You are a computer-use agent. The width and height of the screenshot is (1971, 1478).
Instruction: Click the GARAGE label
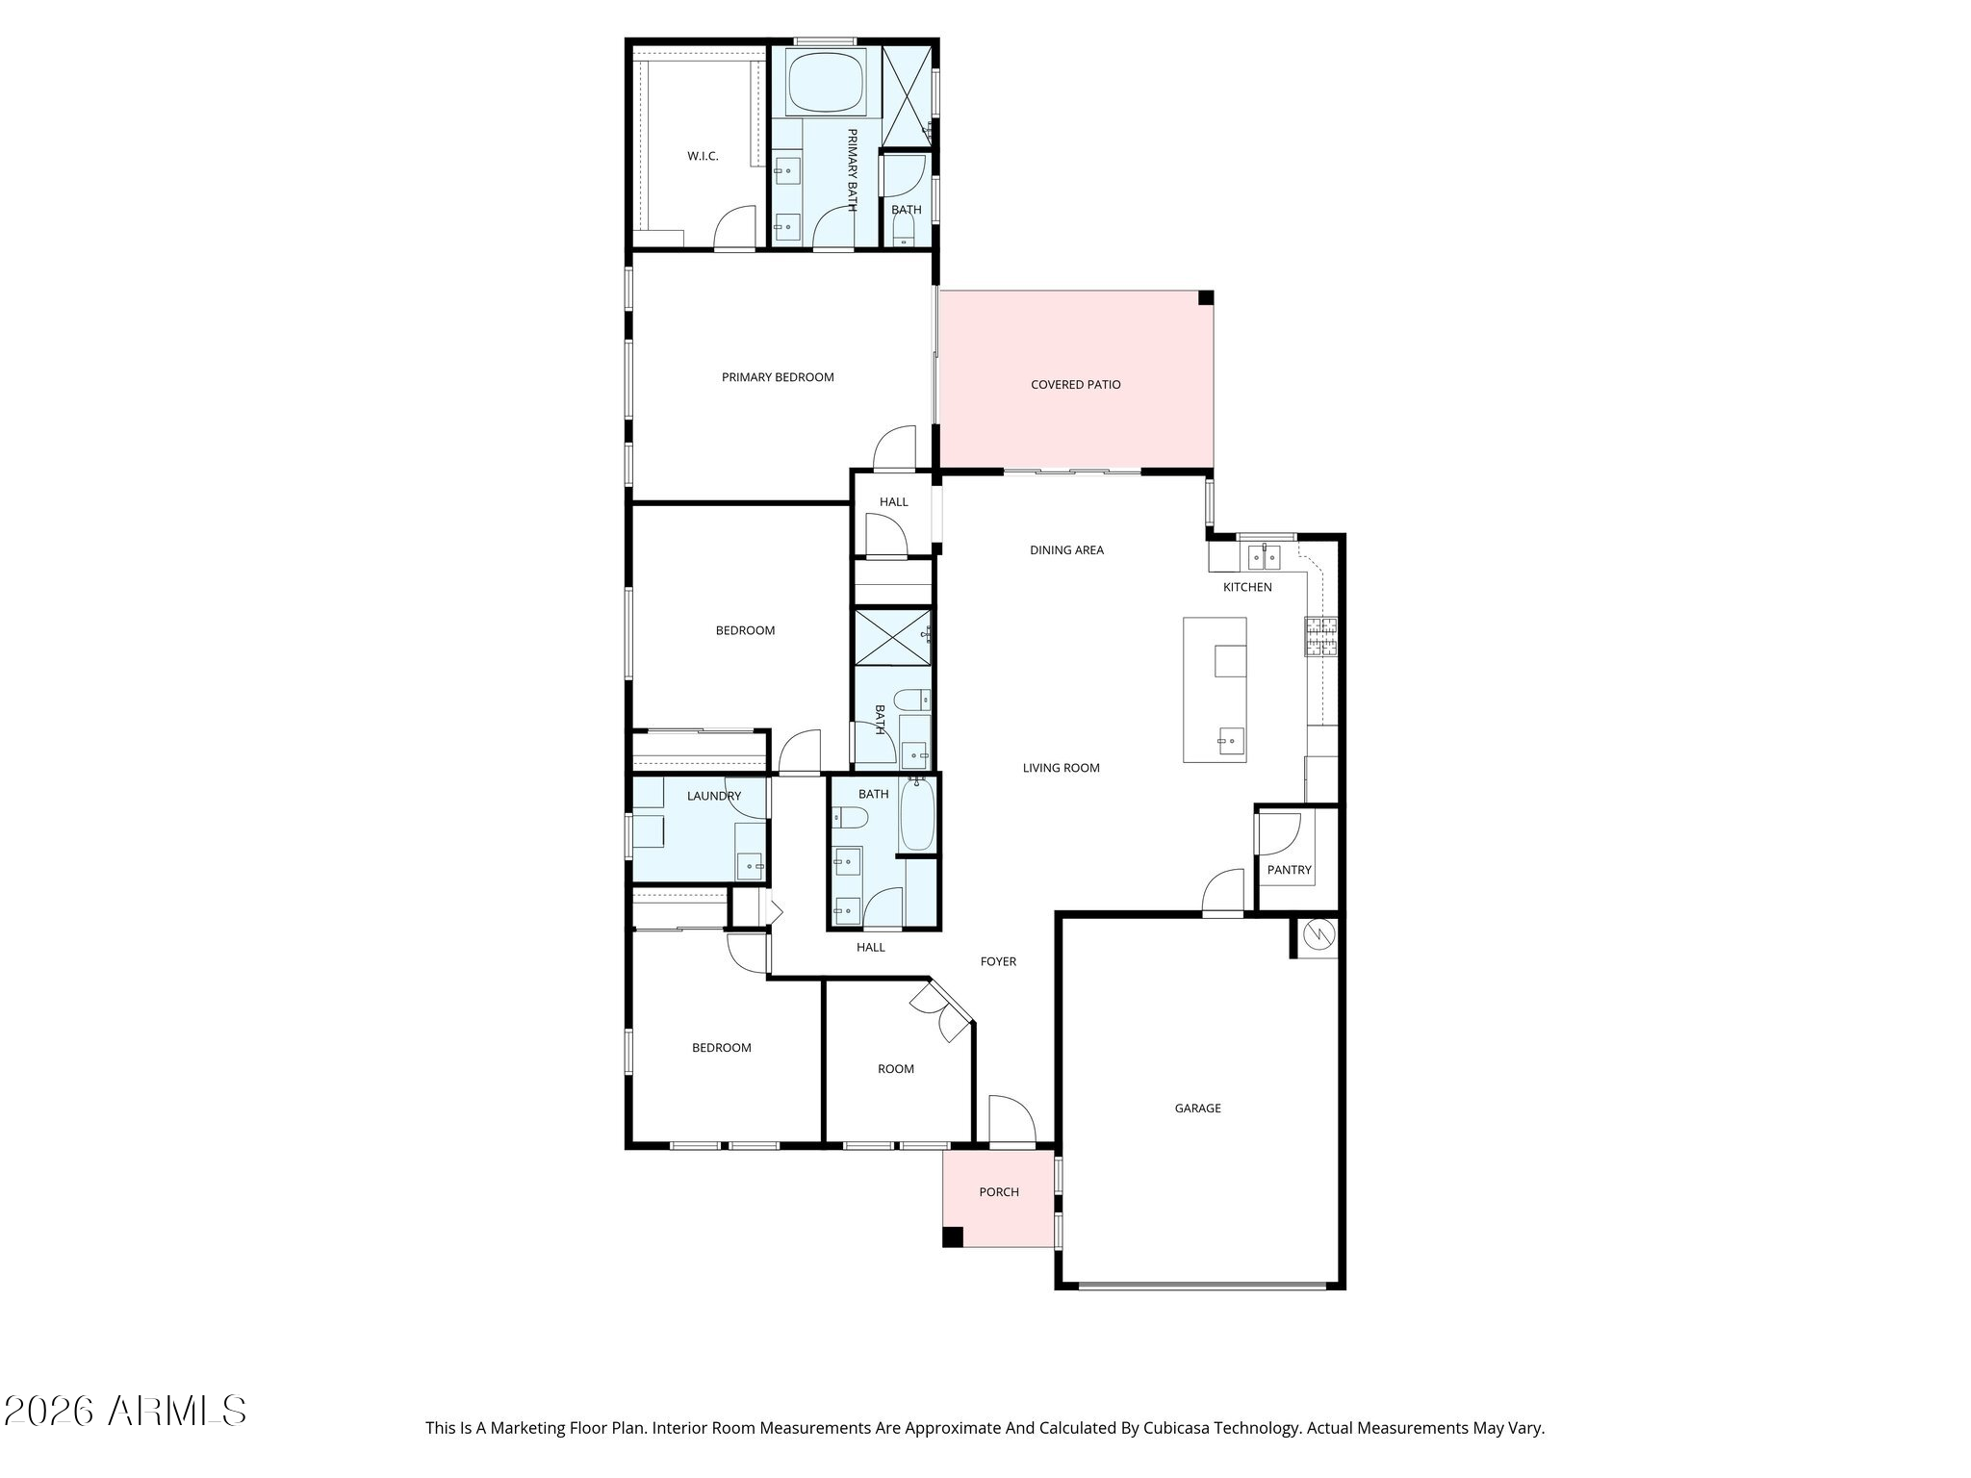1197,1108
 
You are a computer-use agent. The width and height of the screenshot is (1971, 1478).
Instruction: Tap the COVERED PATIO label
1075,385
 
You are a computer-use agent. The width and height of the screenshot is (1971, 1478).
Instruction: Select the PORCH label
999,1192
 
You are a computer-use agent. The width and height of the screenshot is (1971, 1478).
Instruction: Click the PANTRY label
1289,870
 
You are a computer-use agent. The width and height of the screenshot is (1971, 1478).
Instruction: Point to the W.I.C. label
703,156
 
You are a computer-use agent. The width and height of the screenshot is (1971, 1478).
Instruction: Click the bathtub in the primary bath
826,83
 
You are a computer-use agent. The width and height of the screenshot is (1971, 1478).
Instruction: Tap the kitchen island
1215,690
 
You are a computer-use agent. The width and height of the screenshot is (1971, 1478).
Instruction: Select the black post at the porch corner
952,1237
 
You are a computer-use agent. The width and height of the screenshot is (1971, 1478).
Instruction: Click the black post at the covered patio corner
1205,298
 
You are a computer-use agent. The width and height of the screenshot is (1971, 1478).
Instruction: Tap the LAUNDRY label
714,796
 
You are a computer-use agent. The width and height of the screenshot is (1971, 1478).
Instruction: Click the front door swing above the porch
1011,1118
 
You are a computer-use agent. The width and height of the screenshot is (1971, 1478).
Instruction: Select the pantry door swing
1278,833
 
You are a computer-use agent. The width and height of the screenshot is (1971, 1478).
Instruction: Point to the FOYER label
998,961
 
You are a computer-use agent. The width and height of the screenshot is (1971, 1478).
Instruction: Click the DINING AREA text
1066,550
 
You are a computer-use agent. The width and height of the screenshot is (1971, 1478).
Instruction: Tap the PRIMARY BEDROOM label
778,377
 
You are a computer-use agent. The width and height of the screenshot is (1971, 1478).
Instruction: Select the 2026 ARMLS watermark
125,1412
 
